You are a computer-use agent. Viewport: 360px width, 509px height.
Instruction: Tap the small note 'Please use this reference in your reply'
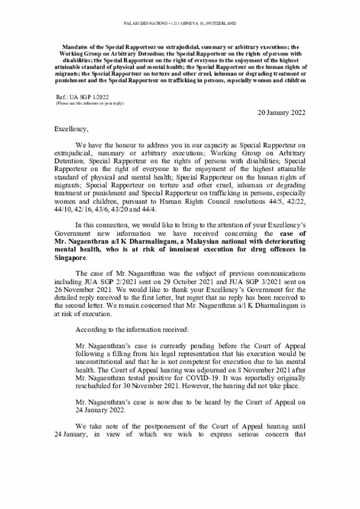[x=89, y=104]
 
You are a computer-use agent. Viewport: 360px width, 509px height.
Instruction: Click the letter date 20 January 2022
[x=281, y=112]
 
